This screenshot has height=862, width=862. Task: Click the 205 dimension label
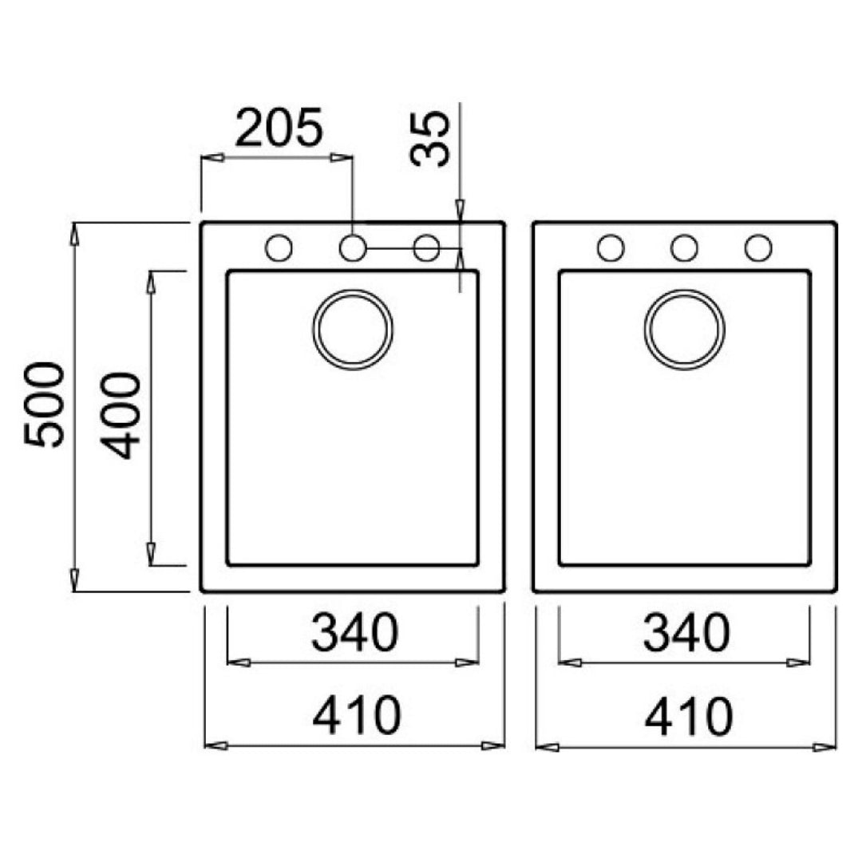(279, 128)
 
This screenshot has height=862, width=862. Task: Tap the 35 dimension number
(430, 139)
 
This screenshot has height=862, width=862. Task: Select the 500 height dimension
(44, 405)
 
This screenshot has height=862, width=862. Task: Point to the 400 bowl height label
(121, 416)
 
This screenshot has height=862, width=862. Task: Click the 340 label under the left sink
(354, 633)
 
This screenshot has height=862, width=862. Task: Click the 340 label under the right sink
(686, 633)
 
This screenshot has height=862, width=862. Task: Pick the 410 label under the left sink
(357, 716)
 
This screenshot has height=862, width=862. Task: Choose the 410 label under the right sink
(688, 716)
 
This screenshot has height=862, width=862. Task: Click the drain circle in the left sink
(353, 291)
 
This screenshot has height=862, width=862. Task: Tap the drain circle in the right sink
(685, 291)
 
